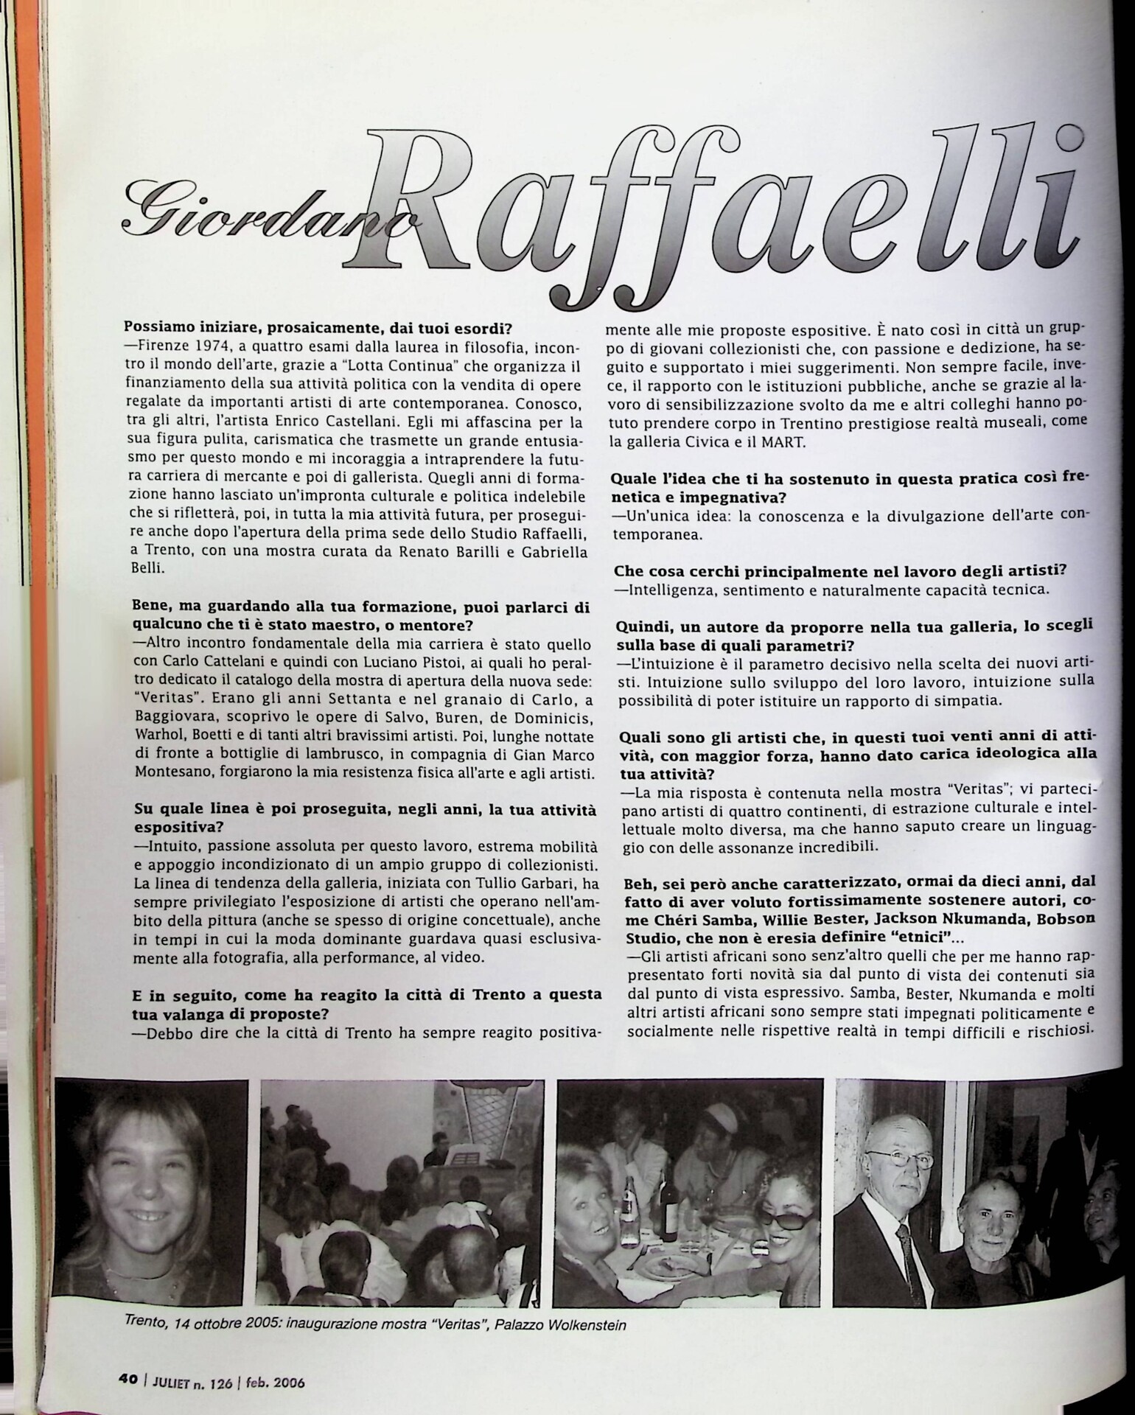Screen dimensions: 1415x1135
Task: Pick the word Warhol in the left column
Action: coord(157,735)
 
